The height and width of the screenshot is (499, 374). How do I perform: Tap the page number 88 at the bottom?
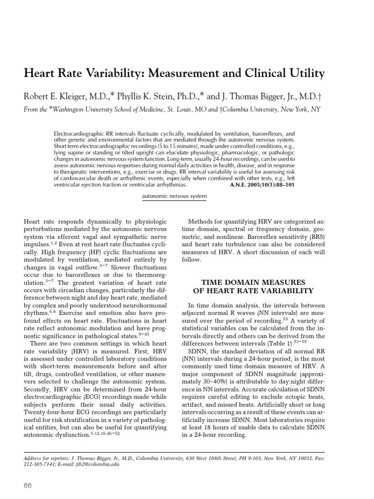click(x=28, y=485)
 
